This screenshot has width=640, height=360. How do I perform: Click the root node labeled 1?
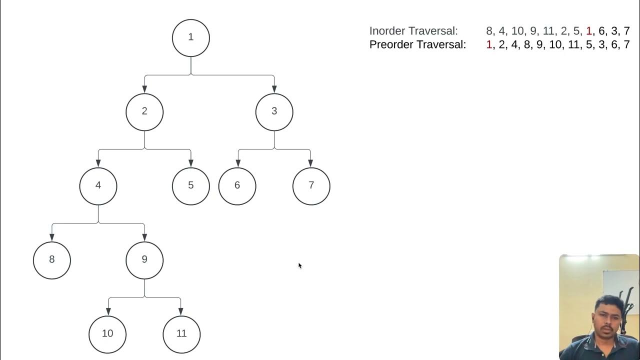[190, 37]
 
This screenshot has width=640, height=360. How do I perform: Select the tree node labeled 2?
[144, 111]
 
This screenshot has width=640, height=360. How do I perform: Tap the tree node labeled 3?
[274, 111]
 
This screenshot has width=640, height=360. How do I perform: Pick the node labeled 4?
[98, 185]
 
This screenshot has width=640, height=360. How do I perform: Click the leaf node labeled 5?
[190, 185]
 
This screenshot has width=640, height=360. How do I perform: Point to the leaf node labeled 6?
[237, 185]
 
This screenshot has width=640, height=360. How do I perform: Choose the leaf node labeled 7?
[311, 185]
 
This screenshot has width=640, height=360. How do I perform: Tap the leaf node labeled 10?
[107, 334]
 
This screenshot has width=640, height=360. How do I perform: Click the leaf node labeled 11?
[181, 334]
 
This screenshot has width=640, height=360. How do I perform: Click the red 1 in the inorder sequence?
[588, 31]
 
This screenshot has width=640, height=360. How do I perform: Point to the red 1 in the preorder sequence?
[489, 44]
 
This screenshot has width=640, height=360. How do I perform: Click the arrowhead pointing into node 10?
[108, 312]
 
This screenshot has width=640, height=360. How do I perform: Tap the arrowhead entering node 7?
[310, 163]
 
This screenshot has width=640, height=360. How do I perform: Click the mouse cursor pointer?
[299, 265]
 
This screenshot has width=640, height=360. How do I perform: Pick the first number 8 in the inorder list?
[488, 31]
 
